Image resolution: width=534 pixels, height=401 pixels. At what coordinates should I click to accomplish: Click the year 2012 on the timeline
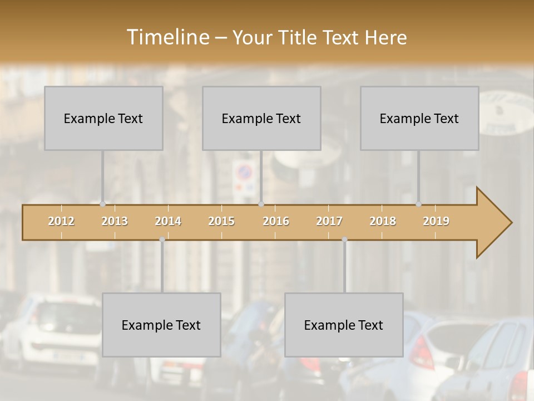point(61,221)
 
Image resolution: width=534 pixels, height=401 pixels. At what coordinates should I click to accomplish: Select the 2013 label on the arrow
point(115,221)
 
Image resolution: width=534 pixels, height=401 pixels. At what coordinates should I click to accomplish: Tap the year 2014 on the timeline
point(168,221)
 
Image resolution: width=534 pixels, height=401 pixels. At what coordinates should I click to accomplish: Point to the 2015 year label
point(221,221)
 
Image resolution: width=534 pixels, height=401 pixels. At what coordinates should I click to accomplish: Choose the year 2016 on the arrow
point(276,221)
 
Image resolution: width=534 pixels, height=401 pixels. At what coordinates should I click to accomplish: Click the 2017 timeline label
point(329,221)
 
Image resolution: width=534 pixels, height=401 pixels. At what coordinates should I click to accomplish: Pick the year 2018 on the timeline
point(383,221)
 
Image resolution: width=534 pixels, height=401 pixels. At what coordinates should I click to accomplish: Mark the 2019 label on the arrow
point(436,221)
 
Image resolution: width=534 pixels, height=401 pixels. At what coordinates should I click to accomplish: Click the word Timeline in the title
point(167,37)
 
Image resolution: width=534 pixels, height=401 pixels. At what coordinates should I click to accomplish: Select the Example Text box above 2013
point(103,118)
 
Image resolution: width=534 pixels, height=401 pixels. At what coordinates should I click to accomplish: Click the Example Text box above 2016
point(261,118)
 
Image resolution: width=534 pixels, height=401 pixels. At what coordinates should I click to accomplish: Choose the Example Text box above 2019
point(419,118)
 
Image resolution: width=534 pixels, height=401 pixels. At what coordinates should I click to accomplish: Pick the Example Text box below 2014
point(161,325)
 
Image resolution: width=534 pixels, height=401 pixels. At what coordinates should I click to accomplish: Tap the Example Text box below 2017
point(344,325)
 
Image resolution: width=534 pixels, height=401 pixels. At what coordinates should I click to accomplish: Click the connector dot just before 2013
point(102,204)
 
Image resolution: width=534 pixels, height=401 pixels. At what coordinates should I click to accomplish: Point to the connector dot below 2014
point(162,239)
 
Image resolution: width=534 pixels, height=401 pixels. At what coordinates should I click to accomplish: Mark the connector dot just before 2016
point(261,204)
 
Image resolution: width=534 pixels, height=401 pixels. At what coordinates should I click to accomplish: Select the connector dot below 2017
point(344,239)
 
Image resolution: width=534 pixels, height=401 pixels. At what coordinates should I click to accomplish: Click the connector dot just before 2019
point(418,204)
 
